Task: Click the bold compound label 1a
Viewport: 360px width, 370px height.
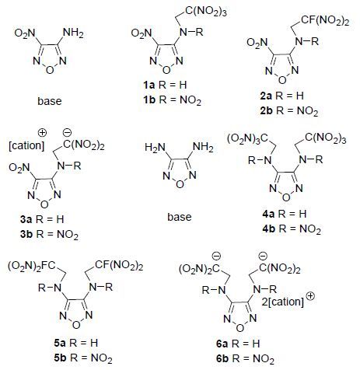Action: [149, 85]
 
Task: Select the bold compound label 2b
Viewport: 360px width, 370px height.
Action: [266, 111]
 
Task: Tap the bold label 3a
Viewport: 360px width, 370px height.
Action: [26, 219]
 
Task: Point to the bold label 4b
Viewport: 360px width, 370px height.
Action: [268, 229]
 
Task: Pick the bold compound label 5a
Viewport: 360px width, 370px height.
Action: [60, 343]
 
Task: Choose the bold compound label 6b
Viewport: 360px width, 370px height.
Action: [222, 358]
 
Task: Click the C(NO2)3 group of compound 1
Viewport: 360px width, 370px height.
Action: [206, 12]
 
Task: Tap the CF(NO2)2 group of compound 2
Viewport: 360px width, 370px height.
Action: [325, 20]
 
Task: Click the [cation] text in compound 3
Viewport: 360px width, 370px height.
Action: [26, 145]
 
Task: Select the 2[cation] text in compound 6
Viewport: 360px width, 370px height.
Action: [282, 302]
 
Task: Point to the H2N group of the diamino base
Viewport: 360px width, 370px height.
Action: [155, 148]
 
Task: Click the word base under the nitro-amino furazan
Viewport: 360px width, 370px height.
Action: [50, 101]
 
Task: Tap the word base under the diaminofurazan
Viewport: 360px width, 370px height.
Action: [180, 217]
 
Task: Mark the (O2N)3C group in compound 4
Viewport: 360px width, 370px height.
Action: [247, 139]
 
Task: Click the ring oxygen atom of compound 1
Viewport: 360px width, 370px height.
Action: [166, 70]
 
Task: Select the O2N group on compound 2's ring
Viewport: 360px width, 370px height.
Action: [257, 43]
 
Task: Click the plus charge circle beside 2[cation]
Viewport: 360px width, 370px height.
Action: [310, 296]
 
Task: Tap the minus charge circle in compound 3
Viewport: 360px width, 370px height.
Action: [67, 133]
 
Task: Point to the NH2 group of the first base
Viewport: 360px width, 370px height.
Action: [73, 33]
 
